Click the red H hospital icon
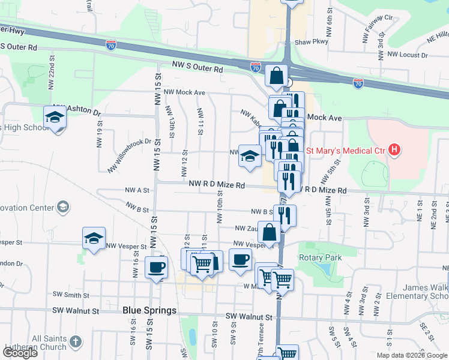coord(394,149)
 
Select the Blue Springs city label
coord(149,310)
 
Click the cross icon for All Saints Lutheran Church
coord(75,342)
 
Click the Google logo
coord(20,353)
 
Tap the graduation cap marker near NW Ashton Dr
coord(55,117)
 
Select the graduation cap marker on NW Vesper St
coord(94,238)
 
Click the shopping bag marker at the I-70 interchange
coord(276,76)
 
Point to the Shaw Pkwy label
coord(312,42)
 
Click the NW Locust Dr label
coord(407,55)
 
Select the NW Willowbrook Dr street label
coord(130,155)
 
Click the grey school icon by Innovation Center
coord(62,207)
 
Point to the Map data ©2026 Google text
coord(411,355)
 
